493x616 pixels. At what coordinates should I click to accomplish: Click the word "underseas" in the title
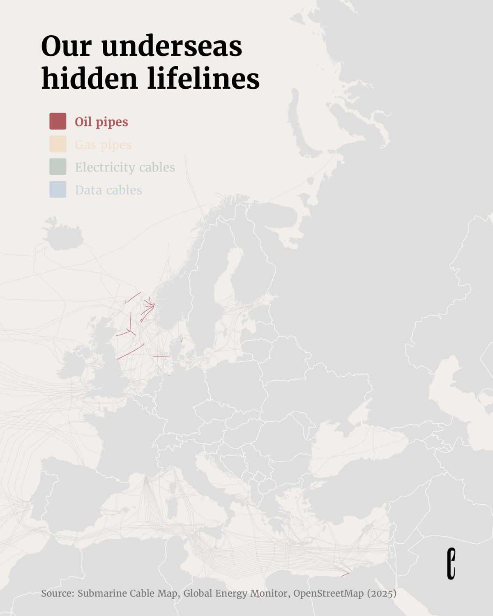171,46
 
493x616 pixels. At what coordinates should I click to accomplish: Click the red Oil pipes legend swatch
58,121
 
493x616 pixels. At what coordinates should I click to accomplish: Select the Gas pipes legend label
103,145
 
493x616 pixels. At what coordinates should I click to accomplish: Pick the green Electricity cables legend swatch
58,167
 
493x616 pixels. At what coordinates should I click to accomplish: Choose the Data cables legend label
108,190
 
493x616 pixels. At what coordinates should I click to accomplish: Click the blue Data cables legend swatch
58,189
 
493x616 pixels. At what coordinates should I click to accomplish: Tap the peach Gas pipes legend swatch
58,144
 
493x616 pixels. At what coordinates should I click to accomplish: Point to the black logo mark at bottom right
451,563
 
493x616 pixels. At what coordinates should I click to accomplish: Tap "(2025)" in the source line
382,593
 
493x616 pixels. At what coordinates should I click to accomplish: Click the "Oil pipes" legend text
101,122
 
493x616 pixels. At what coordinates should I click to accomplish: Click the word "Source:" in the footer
58,593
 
